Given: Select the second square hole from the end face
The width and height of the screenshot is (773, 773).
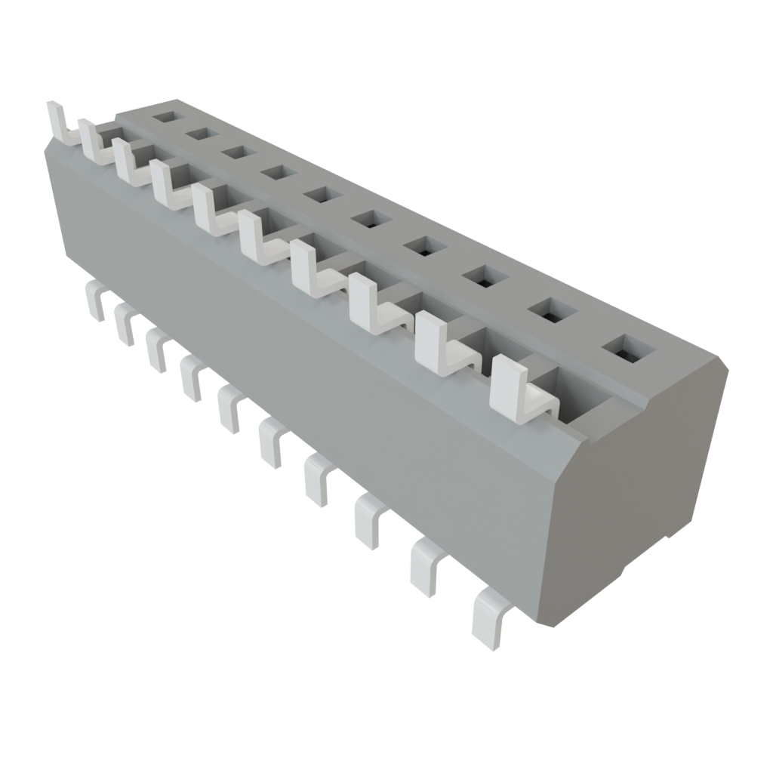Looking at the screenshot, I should [550, 309].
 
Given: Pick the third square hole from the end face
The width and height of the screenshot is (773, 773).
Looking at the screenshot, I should [482, 275].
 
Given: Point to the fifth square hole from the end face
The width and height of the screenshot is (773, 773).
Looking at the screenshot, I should [369, 220].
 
